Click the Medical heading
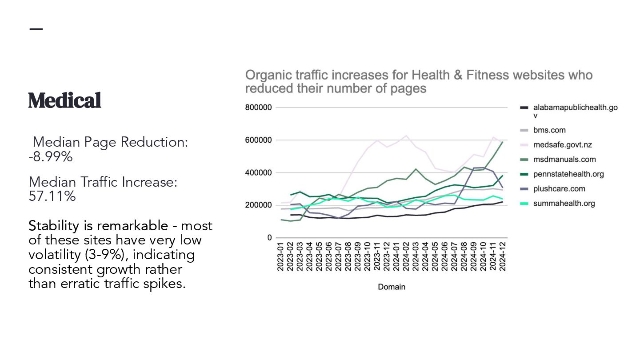tap(65, 100)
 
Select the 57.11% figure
tap(52, 196)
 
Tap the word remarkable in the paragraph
tap(133, 226)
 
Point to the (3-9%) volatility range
tap(105, 255)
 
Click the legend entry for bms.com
tap(549, 130)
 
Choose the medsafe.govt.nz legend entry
tap(562, 145)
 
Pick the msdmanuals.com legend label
tap(564, 160)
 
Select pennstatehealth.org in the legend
tap(568, 174)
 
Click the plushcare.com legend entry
tap(559, 189)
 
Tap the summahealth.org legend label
tap(564, 204)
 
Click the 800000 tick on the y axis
tap(258, 108)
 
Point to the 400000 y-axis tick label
tap(258, 172)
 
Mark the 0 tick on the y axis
tap(269, 238)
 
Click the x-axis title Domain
tap(392, 287)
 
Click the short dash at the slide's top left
tap(36, 29)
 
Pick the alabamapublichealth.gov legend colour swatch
tap(524, 108)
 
